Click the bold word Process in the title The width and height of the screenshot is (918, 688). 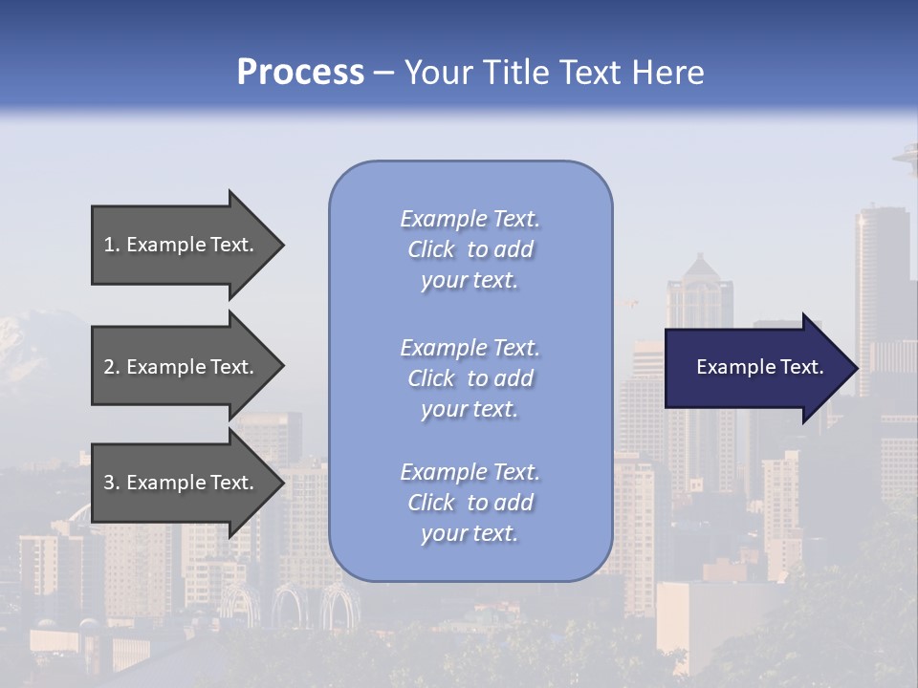[x=300, y=73]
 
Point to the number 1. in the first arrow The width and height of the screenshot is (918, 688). [x=112, y=245]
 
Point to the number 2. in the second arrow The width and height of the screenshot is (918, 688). [x=112, y=367]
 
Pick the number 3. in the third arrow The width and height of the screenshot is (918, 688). [x=112, y=483]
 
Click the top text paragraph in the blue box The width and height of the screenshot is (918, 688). [x=470, y=249]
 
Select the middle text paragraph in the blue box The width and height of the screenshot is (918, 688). [x=470, y=378]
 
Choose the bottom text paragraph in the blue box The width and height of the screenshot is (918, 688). [x=470, y=503]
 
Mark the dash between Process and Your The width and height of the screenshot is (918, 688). [x=383, y=73]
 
